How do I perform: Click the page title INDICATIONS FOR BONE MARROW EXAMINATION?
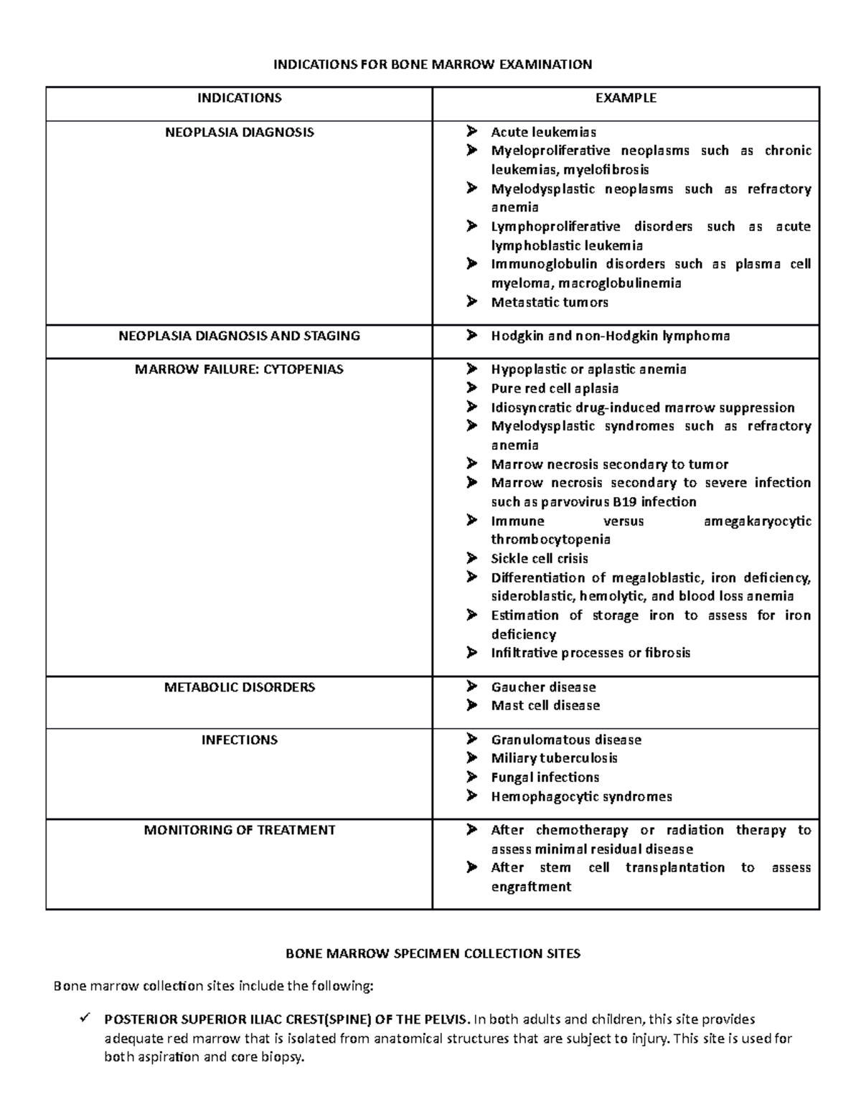433,65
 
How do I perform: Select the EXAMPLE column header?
626,98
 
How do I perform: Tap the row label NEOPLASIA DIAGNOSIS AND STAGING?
240,336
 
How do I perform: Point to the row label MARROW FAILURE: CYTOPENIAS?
240,369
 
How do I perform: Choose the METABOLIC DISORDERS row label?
240,687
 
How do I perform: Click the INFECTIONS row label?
240,740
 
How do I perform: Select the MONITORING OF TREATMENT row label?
240,830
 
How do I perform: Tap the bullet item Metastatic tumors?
550,303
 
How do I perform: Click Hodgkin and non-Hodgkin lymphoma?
610,336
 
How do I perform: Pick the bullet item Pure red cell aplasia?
555,389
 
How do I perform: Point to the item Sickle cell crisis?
540,559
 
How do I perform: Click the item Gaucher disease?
543,687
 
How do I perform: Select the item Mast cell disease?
545,706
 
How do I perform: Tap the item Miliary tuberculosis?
554,758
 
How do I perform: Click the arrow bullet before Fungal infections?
471,777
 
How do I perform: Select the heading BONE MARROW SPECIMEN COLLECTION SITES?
433,954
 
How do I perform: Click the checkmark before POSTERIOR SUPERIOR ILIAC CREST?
85,1019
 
